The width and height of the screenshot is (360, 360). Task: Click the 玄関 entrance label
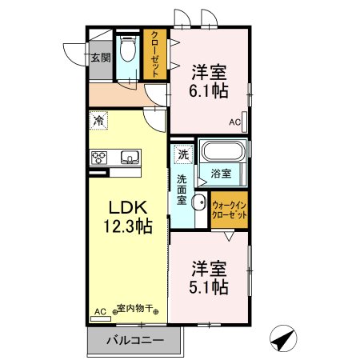[99, 58]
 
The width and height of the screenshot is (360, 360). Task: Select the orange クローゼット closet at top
[154, 54]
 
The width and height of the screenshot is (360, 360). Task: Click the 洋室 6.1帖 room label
[209, 81]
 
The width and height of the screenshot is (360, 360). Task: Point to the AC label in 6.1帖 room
[234, 122]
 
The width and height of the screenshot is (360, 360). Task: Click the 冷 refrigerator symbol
[98, 121]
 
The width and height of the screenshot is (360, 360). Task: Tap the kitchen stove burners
[100, 156]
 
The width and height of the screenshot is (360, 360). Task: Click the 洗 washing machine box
[182, 154]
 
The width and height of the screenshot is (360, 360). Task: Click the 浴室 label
[222, 173]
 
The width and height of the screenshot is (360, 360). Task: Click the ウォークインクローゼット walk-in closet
[229, 211]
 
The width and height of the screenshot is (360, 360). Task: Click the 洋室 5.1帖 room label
[209, 276]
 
